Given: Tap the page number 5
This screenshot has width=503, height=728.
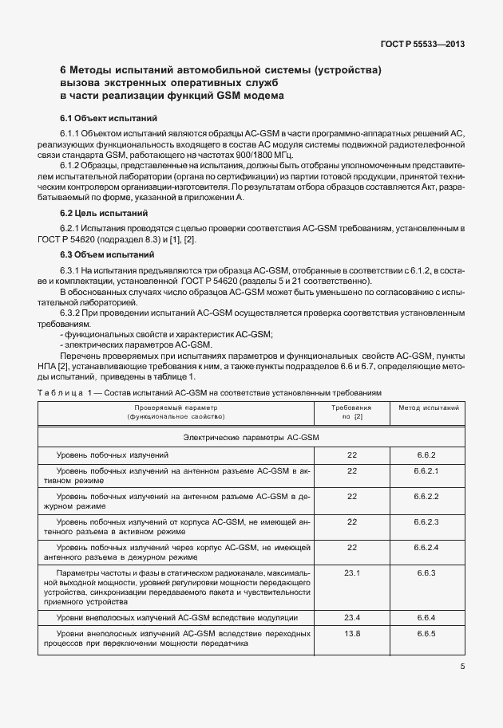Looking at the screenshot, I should pos(463,667).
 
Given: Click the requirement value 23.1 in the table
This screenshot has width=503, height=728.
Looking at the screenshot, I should pos(352,573).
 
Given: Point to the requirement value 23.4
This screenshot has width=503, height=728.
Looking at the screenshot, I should pos(352,617).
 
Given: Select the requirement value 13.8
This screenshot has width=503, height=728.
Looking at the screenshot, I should pos(352,633).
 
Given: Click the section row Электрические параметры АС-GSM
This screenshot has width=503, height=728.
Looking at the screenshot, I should pos(252,437).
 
